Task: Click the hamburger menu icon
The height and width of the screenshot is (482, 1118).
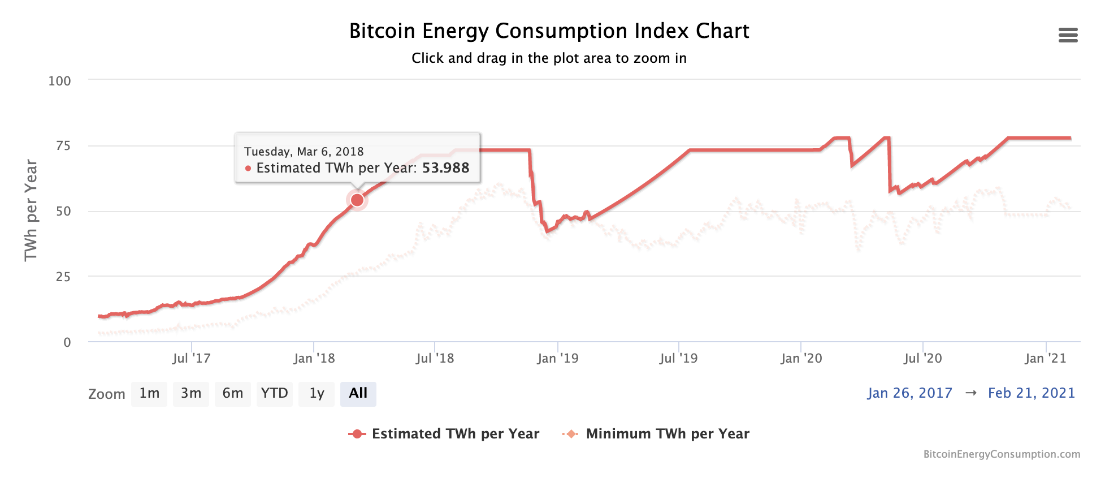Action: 1068,35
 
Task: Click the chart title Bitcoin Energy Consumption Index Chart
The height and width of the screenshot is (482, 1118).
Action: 549,31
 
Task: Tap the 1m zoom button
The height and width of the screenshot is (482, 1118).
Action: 149,394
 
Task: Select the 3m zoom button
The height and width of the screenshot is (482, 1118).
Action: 191,394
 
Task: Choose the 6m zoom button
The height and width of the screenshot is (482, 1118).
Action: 232,394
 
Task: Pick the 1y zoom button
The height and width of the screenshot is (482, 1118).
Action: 317,394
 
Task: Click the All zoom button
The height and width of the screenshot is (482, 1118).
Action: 358,394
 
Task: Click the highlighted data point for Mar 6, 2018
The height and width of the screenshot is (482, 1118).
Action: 357,200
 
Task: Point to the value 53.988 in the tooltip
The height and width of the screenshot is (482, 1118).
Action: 445,168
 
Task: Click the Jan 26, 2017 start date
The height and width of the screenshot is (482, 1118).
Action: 909,393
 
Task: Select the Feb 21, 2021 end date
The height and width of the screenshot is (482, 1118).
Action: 1031,393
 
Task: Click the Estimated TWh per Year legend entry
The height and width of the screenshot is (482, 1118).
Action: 444,434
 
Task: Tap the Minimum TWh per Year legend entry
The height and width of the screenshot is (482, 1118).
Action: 656,434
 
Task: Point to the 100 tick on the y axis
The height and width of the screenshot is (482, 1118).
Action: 60,81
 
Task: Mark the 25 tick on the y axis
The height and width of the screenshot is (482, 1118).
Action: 63,277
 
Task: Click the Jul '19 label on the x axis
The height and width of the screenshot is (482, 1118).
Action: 678,358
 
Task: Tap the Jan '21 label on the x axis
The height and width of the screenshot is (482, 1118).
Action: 1045,358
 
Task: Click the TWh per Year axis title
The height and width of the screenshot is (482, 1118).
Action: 31,210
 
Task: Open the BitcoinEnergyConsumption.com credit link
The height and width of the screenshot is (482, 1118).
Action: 1001,454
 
